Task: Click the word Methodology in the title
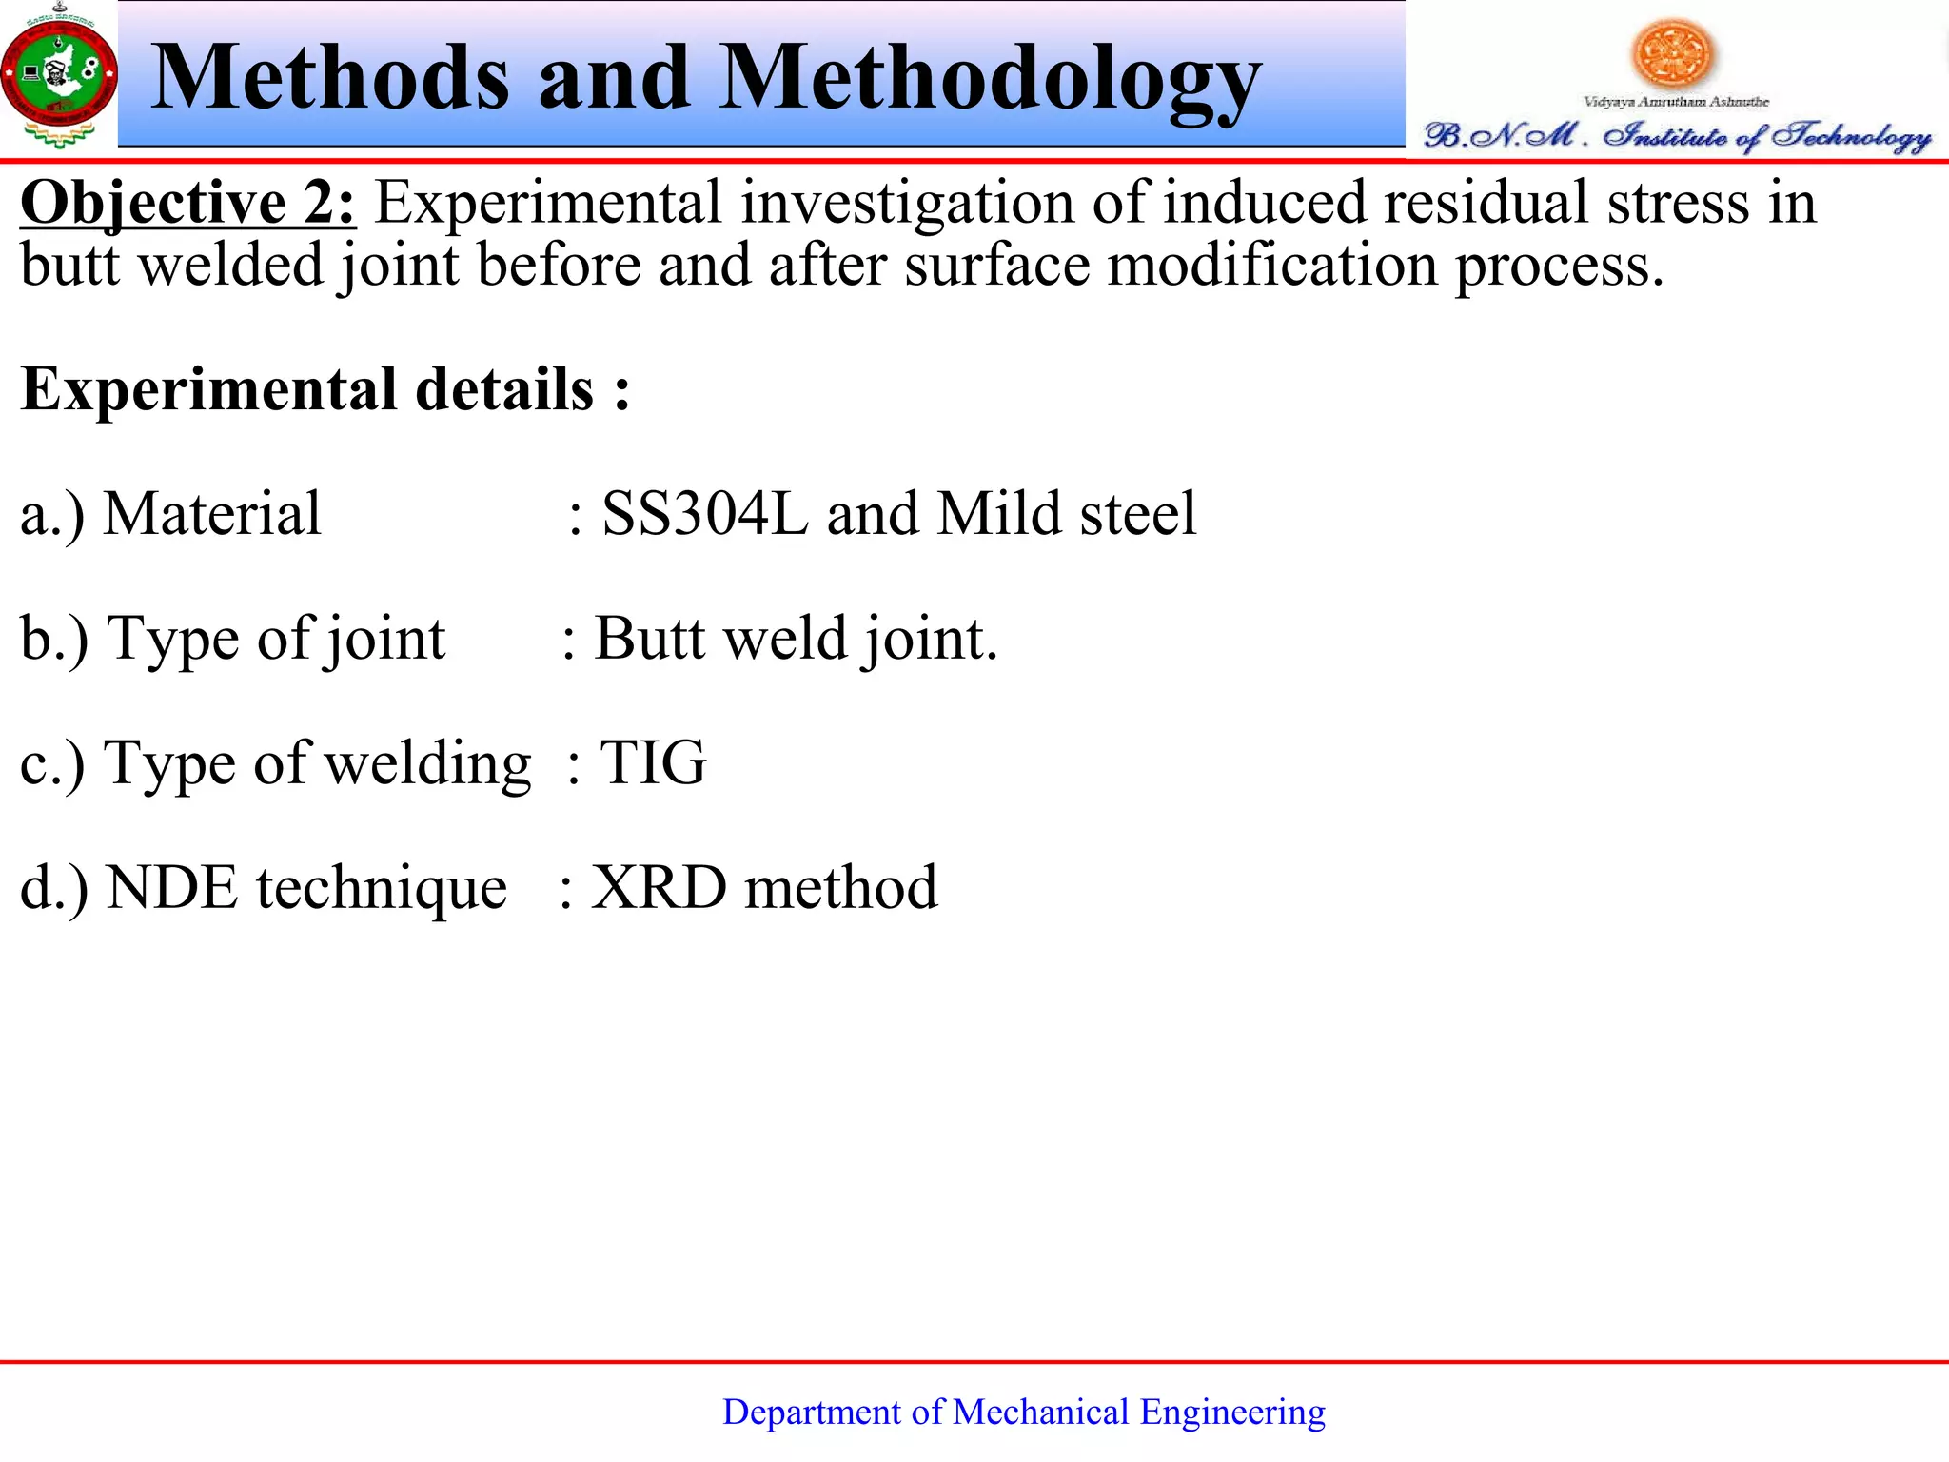pos(990,81)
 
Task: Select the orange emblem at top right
pos(1672,52)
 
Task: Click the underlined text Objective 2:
pos(188,203)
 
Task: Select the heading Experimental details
pos(324,390)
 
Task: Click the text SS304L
pos(705,514)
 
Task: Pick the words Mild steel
pos(1066,514)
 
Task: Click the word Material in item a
pos(211,514)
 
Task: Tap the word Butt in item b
pos(650,638)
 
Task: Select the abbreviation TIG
pos(653,763)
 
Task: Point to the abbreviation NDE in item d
pos(171,888)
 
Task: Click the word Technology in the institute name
pos(1850,136)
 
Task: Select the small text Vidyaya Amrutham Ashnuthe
pos(1675,101)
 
